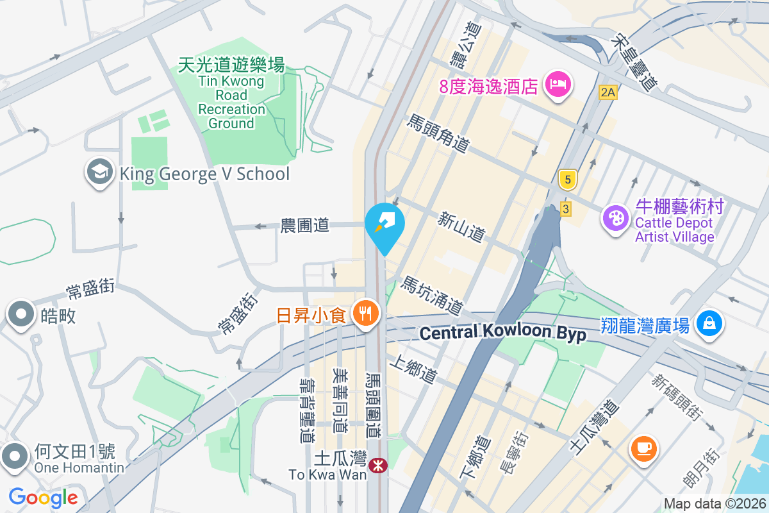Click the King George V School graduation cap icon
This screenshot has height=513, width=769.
click(x=99, y=173)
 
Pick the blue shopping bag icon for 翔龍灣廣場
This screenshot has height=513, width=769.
click(x=709, y=323)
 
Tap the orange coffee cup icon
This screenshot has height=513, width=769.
click(x=644, y=447)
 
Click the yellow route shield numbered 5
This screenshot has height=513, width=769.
click(x=565, y=180)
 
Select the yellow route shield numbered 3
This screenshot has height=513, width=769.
click(x=565, y=209)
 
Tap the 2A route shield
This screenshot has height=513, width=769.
click(x=608, y=92)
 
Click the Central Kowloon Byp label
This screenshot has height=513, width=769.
click(x=502, y=333)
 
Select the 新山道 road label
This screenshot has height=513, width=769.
click(x=461, y=227)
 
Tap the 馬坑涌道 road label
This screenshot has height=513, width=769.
click(x=432, y=296)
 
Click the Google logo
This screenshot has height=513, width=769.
click(x=44, y=498)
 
